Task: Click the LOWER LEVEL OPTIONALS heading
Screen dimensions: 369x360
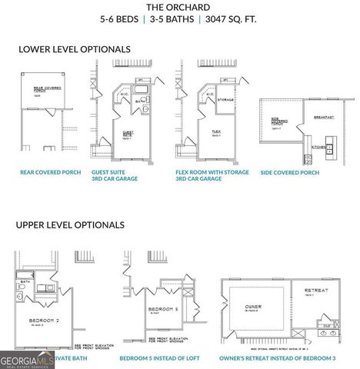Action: tap(75, 49)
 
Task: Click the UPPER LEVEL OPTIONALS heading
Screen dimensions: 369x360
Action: tap(70, 225)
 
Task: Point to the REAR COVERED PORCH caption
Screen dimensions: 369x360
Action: tap(50, 173)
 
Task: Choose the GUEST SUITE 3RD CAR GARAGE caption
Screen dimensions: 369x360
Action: tap(118, 176)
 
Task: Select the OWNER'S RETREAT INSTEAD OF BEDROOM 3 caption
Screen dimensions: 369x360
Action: tap(278, 358)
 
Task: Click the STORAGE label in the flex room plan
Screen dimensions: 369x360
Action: tap(225, 99)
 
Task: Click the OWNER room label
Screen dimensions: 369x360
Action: tap(253, 306)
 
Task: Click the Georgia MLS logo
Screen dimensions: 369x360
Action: tap(25, 358)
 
